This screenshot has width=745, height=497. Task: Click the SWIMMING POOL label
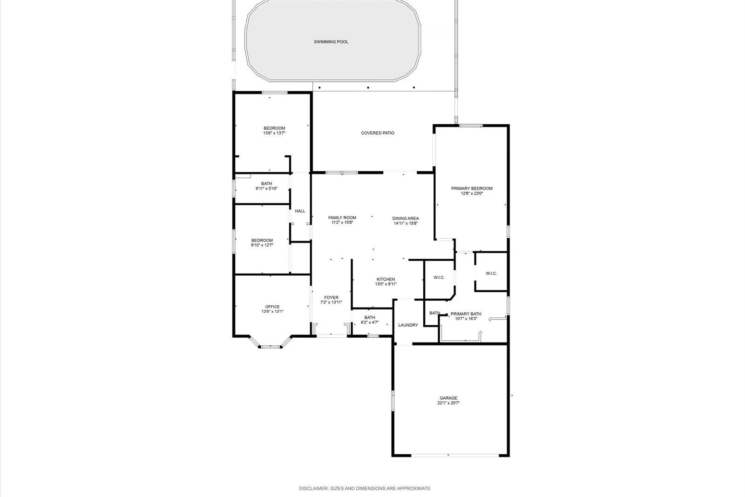(x=331, y=42)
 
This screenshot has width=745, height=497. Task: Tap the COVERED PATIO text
(x=378, y=133)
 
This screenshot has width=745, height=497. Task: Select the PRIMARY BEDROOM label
(x=472, y=188)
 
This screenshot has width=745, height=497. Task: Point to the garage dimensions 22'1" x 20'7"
(x=448, y=403)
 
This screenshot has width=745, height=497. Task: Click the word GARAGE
(x=448, y=398)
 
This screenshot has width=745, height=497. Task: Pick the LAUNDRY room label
(x=408, y=325)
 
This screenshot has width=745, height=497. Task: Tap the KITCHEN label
(x=386, y=279)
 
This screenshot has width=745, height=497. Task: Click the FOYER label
(x=331, y=297)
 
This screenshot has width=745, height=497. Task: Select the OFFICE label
(x=272, y=307)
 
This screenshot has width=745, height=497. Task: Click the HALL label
(x=300, y=211)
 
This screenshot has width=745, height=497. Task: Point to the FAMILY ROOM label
(x=342, y=217)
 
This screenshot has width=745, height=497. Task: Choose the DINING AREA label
(x=406, y=218)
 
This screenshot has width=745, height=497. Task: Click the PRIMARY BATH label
(x=466, y=314)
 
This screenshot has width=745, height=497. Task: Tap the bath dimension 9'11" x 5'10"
(x=266, y=189)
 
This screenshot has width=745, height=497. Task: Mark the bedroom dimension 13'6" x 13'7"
(x=274, y=134)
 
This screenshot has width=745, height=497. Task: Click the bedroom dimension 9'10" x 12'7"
(x=262, y=245)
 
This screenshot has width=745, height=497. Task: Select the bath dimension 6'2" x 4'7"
(x=370, y=322)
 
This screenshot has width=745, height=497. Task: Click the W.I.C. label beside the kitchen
(x=439, y=277)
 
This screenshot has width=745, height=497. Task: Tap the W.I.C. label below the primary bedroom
(x=491, y=273)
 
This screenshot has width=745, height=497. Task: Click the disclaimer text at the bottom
(x=365, y=489)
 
